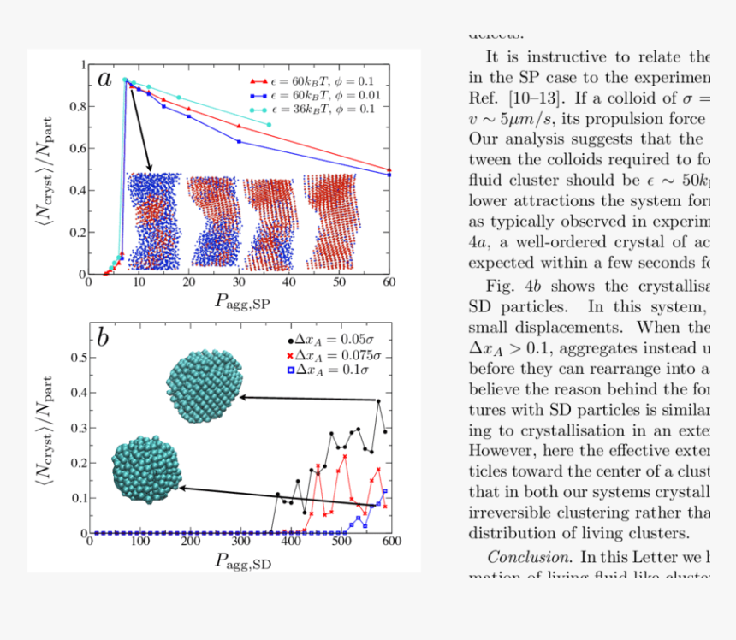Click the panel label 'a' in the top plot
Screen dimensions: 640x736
104,80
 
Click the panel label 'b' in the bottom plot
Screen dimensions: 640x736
102,337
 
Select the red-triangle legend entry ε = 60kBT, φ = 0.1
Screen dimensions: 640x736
312,80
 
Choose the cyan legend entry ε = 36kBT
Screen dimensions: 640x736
312,110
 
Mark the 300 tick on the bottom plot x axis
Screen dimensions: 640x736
240,542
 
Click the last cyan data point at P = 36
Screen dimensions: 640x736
269,125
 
